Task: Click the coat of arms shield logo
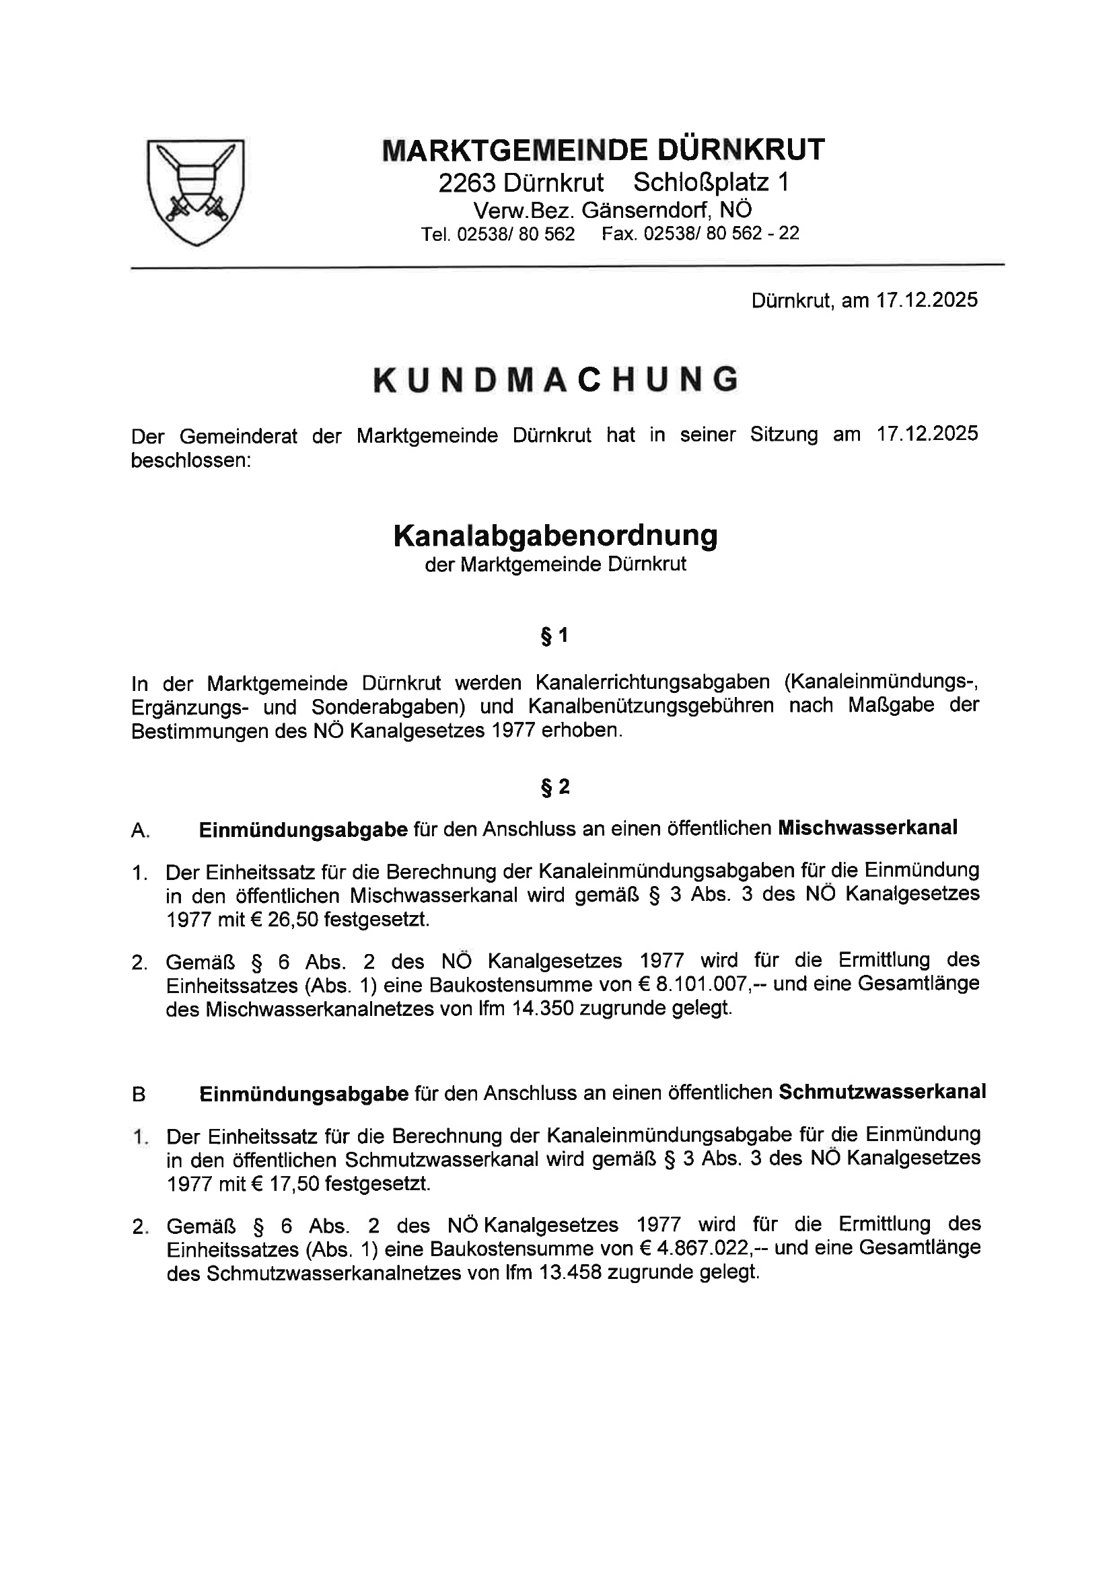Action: pos(196,191)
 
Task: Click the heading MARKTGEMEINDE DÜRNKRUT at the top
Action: pos(603,150)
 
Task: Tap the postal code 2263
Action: pos(467,183)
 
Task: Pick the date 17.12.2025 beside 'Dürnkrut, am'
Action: pos(927,300)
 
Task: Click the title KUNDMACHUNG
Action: pos(556,379)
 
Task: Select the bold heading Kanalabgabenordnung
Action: pos(555,536)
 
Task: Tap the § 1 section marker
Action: pos(555,636)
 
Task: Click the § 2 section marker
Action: pos(555,787)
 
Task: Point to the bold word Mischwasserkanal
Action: pos(867,828)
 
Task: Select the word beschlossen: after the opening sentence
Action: pos(191,460)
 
